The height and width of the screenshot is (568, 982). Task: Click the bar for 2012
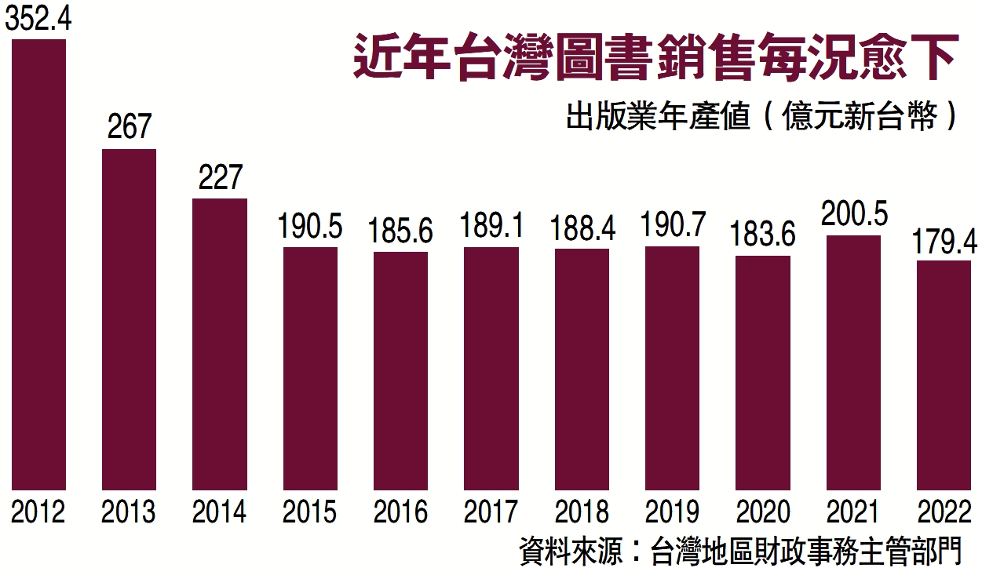click(38, 264)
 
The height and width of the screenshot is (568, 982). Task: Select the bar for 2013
click(130, 319)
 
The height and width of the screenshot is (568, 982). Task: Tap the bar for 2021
click(853, 362)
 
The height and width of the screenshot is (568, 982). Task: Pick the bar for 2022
click(944, 375)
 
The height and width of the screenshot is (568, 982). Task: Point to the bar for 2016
click(400, 370)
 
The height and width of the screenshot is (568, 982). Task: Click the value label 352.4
click(38, 20)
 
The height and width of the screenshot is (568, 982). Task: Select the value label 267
click(130, 128)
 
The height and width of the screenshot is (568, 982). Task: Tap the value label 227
click(220, 177)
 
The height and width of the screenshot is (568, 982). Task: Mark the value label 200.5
click(853, 214)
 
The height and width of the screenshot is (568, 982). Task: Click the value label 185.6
click(401, 232)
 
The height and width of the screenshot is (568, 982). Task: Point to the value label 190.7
click(673, 227)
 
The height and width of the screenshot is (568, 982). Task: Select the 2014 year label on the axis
click(220, 512)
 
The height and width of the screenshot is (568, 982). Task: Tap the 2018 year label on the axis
click(582, 512)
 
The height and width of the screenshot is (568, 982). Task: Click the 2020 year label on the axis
click(763, 512)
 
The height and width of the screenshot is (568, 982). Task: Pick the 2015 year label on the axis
click(310, 512)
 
